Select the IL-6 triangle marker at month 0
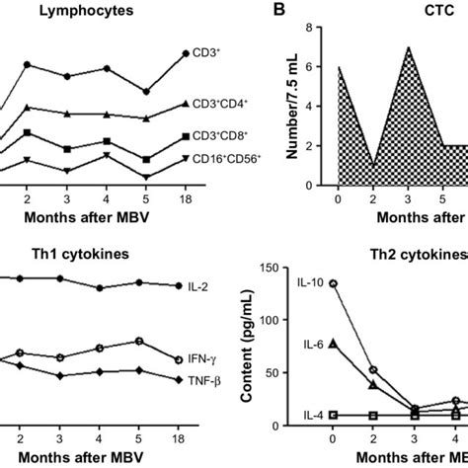(x=333, y=344)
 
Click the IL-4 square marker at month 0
(x=333, y=416)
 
